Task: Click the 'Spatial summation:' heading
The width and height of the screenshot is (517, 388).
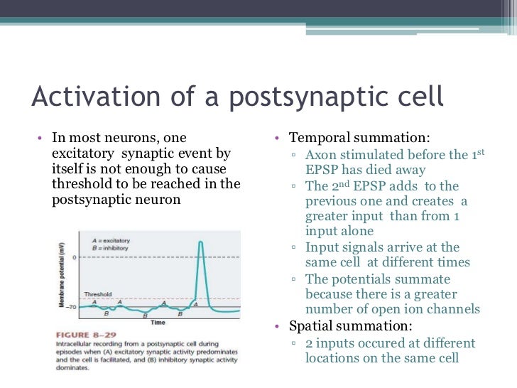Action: (349, 327)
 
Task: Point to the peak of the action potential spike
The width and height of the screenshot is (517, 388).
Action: (202, 243)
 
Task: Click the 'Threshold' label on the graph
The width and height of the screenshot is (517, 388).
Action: (97, 293)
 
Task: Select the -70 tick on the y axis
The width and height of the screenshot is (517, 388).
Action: (72, 307)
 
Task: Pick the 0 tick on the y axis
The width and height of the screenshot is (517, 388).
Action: (75, 257)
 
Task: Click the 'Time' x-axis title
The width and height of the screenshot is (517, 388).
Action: (158, 322)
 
